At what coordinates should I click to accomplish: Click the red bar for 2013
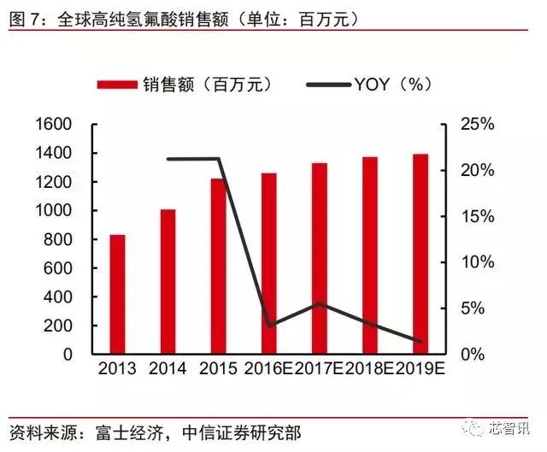tap(117, 294)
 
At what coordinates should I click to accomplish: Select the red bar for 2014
tap(168, 281)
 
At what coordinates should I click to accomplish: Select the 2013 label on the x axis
tap(117, 370)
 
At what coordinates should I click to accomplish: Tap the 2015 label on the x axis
tap(218, 370)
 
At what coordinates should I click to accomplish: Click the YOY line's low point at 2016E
tap(270, 326)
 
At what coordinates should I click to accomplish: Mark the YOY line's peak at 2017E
tap(319, 303)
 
